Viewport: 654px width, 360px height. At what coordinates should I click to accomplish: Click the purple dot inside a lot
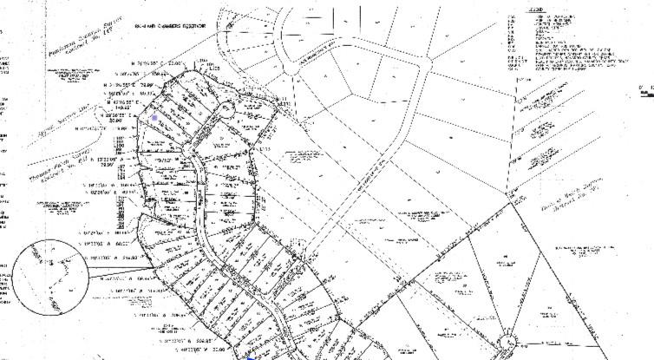point(155,117)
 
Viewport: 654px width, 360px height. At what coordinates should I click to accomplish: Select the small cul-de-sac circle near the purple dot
point(224,109)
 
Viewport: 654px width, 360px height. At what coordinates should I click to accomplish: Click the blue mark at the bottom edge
point(249,357)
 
